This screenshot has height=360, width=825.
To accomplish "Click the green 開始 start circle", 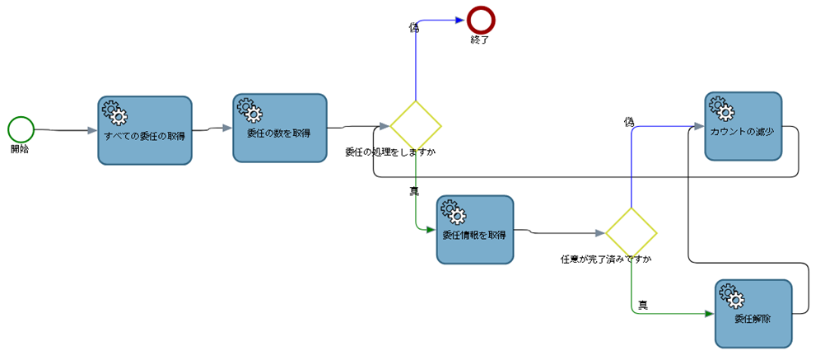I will pyautogui.click(x=21, y=129).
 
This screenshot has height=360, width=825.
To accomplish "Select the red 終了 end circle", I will pyautogui.click(x=480, y=18).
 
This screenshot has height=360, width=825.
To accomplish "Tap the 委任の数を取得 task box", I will pyautogui.click(x=280, y=127).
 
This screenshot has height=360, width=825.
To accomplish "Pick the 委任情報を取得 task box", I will pyautogui.click(x=475, y=230).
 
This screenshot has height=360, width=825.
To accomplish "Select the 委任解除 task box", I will pyautogui.click(x=753, y=313).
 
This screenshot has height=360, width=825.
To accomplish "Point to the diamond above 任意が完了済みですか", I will pyautogui.click(x=632, y=232).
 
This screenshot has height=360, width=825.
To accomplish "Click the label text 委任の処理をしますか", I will pyautogui.click(x=390, y=152).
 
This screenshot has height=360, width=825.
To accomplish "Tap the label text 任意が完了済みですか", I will pyautogui.click(x=606, y=259).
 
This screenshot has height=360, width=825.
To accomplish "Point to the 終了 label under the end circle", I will pyautogui.click(x=480, y=39).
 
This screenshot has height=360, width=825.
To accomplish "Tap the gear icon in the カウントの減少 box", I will pyautogui.click(x=720, y=108).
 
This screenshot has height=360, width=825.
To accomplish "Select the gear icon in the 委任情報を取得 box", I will pyautogui.click(x=452, y=212).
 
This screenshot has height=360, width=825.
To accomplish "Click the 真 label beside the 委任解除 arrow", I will pyautogui.click(x=643, y=305).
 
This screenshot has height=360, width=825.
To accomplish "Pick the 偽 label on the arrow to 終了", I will pyautogui.click(x=414, y=27).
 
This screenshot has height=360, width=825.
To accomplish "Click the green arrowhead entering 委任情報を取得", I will pyautogui.click(x=430, y=230).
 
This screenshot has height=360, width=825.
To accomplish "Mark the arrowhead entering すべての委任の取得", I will pyautogui.click(x=91, y=130).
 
